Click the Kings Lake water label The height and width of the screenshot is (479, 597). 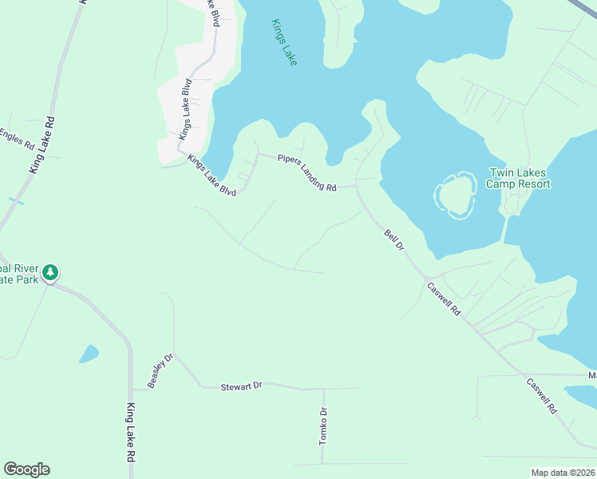[x=283, y=42]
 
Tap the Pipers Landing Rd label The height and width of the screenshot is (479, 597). [x=307, y=172]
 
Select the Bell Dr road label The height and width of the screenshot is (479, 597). [x=394, y=240]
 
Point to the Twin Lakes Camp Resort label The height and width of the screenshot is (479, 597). [x=520, y=178]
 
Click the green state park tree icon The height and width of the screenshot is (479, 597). [x=51, y=273]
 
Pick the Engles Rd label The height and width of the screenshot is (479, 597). [x=18, y=140]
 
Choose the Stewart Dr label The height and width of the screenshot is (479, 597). [x=241, y=386]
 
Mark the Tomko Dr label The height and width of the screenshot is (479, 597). [x=323, y=426]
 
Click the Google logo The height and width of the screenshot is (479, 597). [x=26, y=469]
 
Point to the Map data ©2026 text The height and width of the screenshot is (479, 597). [x=563, y=473]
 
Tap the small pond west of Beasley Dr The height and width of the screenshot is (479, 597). [x=89, y=353]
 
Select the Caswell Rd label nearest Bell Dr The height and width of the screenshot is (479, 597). [x=445, y=299]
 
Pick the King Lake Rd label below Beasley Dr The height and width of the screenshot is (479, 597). [x=129, y=434]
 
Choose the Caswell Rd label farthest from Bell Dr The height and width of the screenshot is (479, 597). [x=542, y=394]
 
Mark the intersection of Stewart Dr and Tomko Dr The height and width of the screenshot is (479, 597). [x=323, y=389]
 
